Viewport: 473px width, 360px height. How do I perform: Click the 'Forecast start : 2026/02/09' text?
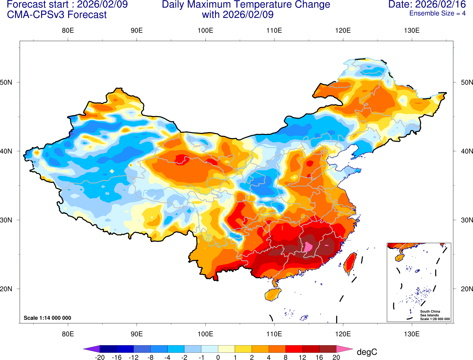pos(67,5)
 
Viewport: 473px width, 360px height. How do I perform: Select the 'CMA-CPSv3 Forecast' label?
pos(57,15)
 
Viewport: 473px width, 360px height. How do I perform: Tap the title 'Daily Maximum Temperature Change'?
pos(246,5)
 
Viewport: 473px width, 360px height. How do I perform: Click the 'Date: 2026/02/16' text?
pos(427,5)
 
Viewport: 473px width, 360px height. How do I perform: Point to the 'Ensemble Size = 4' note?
pos(437,13)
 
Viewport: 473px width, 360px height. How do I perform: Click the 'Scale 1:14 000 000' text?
pos(47,318)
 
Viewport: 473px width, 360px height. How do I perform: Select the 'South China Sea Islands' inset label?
pos(430,313)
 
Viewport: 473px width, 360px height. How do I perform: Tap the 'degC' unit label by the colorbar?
pos(367,352)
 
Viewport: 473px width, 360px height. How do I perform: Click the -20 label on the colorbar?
pos(99,357)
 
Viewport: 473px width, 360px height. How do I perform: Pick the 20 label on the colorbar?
pos(336,357)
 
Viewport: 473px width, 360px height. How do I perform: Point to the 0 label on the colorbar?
pos(218,357)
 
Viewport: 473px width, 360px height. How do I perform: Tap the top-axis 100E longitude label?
pos(205,31)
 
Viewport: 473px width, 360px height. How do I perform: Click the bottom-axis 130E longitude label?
pos(412,334)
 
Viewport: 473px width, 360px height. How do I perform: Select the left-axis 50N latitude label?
pos(6,82)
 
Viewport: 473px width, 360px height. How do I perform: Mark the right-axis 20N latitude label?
pos(467,289)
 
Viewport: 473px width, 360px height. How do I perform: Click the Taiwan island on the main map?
pos(350,263)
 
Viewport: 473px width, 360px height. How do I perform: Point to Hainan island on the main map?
pos(273,294)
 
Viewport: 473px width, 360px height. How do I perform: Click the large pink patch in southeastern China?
pos(308,247)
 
